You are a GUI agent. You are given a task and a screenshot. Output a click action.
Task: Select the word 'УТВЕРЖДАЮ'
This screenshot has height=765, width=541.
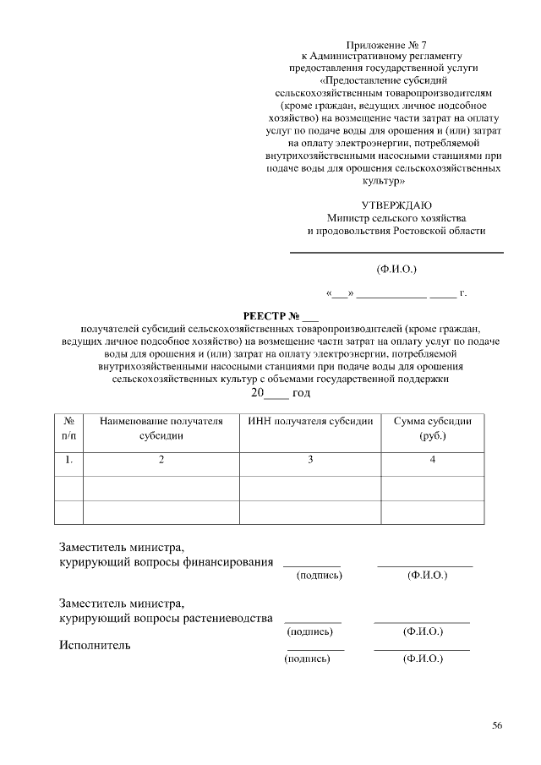coord(396,205)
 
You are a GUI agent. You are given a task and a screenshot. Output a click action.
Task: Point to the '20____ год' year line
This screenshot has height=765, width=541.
coord(280,393)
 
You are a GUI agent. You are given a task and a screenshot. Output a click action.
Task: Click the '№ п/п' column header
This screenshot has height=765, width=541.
coord(68,429)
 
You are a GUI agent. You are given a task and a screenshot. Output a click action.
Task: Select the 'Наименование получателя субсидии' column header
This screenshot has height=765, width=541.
coord(161,429)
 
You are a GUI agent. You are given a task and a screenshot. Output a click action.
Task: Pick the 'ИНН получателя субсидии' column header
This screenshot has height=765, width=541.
coord(310,421)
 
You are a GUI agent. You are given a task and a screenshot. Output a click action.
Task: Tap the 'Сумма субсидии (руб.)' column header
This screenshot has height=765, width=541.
coord(432,429)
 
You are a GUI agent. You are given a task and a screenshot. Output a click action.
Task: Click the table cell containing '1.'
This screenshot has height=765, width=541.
coord(68,460)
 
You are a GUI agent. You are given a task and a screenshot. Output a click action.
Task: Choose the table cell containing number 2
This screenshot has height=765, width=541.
coord(161,460)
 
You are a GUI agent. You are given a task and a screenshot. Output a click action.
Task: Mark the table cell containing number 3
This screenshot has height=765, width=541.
coord(310,460)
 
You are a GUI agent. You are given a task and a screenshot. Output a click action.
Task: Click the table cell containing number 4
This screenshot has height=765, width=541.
coord(432,460)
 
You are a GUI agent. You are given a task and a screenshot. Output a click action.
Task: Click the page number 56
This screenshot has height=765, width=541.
coord(497,725)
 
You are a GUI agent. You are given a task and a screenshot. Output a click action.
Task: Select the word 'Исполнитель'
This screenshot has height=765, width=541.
coord(95,646)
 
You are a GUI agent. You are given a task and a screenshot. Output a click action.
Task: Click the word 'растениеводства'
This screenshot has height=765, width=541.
coord(228,618)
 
